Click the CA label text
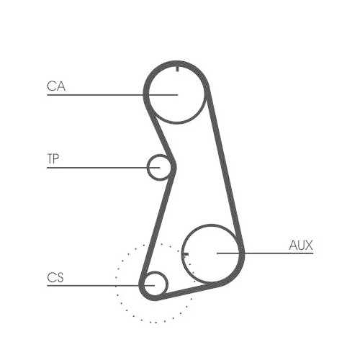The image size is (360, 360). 56,86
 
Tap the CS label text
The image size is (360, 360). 55,277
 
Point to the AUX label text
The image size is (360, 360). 301,246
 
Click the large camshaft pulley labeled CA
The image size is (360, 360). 177,94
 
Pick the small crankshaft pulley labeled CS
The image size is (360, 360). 154,284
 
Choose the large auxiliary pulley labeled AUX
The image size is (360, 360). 213,253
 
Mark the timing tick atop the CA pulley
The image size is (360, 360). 177,70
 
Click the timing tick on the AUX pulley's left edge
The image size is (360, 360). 186,253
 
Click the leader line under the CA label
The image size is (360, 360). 94,94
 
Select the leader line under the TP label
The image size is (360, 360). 94,168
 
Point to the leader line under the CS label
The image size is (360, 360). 86,285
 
